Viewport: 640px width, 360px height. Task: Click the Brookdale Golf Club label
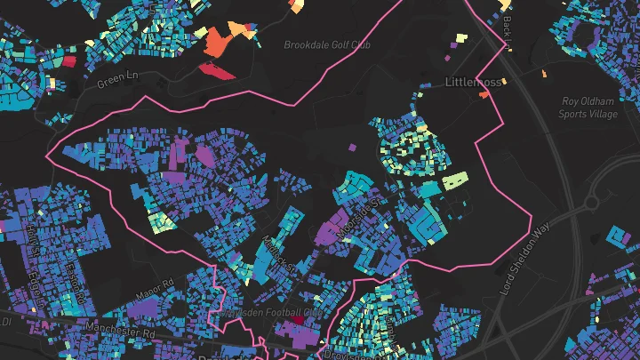pos(327,44)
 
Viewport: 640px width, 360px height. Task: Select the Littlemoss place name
pos(474,82)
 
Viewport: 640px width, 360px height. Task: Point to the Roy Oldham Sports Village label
pos(588,108)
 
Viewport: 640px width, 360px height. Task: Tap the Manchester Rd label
pos(119,329)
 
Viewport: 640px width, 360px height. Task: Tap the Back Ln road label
pos(508,32)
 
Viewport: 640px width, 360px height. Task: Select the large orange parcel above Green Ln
pos(217,41)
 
